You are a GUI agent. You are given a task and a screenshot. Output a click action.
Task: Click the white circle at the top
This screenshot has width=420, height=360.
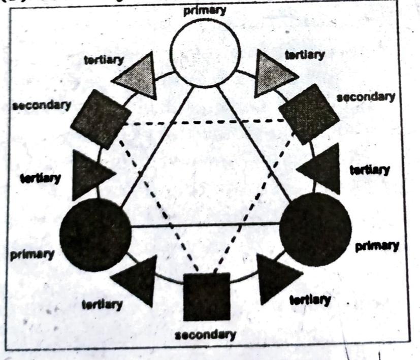(x=205, y=51)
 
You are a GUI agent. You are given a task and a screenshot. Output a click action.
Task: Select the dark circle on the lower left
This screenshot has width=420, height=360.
(x=95, y=234)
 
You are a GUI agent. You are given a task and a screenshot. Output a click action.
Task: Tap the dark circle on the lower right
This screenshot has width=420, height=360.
(x=315, y=229)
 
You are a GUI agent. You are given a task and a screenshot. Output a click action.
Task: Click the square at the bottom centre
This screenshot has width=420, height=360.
(x=206, y=297)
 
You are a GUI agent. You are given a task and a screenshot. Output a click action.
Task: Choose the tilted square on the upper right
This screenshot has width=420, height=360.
(x=309, y=114)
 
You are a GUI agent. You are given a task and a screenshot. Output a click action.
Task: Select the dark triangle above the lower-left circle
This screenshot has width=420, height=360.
(x=89, y=174)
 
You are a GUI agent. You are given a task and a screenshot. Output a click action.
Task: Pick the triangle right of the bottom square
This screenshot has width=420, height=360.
(x=276, y=278)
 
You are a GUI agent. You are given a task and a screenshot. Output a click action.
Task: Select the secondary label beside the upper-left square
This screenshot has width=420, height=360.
(x=41, y=106)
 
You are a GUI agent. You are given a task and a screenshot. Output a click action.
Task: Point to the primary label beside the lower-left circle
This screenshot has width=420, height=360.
(x=32, y=253)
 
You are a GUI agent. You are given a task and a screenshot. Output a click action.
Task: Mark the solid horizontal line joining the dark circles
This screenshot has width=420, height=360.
(x=205, y=224)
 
